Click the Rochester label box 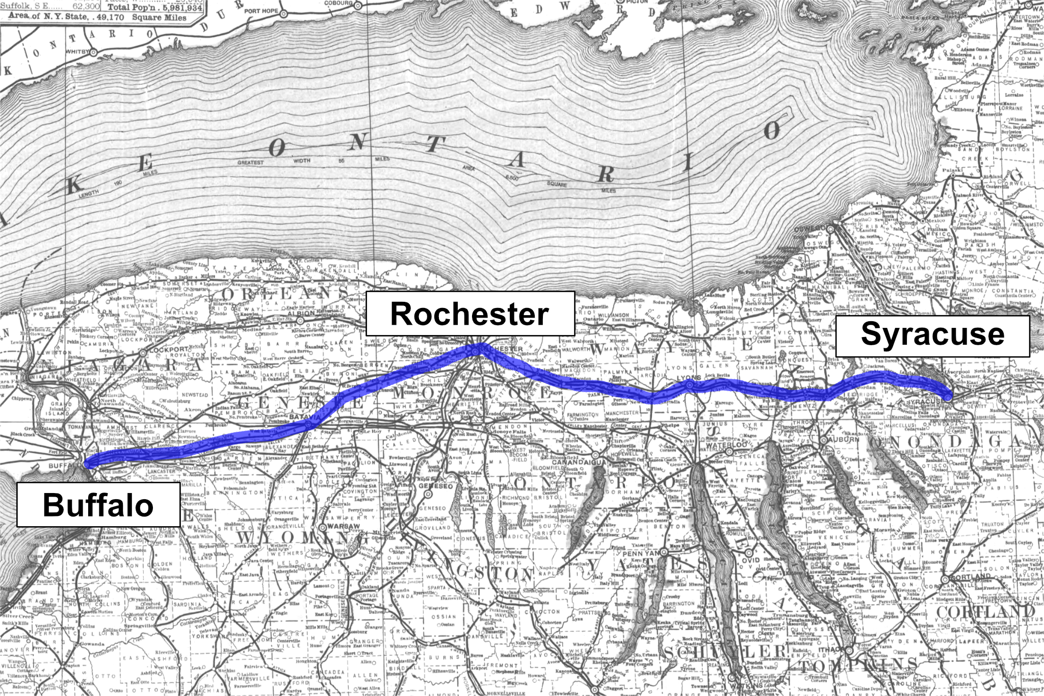click(x=470, y=314)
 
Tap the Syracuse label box click(x=932, y=336)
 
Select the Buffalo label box click(x=98, y=505)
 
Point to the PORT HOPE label click(x=261, y=11)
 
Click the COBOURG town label click(x=338, y=3)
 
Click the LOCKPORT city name click(x=169, y=350)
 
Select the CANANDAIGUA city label click(x=579, y=462)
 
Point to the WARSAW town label click(x=344, y=526)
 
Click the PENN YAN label click(x=641, y=553)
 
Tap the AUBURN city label click(x=844, y=439)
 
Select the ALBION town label click(x=301, y=313)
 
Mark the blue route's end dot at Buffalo click(x=89, y=463)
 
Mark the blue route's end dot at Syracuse click(x=947, y=396)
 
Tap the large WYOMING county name click(x=301, y=537)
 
